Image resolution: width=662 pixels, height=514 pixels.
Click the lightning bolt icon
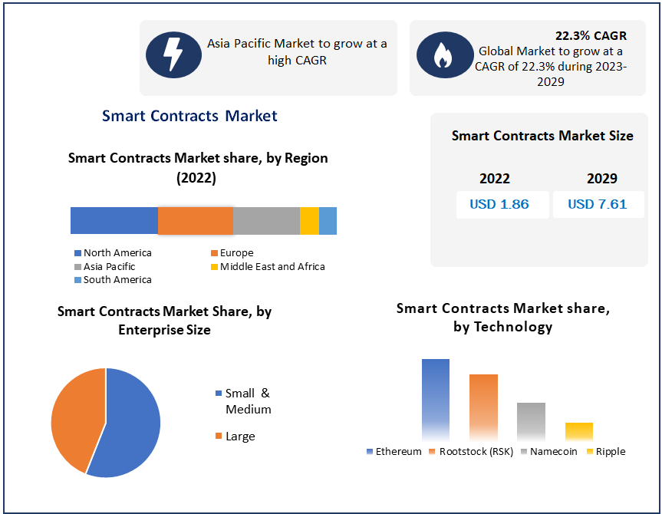tap(173, 54)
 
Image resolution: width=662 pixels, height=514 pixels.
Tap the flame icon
tap(443, 55)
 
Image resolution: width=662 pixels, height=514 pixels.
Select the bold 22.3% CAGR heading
tap(591, 35)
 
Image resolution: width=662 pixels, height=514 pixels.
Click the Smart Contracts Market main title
tap(189, 116)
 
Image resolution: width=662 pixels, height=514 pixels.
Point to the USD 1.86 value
tap(499, 204)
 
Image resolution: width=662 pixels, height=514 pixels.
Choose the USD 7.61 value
tap(598, 204)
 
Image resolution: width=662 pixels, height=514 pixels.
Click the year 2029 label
tap(602, 179)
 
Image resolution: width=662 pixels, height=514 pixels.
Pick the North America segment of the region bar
tap(114, 220)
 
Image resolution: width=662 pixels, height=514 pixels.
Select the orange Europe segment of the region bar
tap(195, 220)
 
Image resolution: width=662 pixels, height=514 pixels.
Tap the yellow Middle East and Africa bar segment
tap(309, 220)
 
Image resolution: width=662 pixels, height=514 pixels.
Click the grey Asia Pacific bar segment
tap(266, 220)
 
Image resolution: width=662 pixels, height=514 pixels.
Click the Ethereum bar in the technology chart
tap(436, 399)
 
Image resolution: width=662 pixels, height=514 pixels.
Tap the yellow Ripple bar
tap(579, 431)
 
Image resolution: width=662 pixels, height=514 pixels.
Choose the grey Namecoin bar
tap(531, 421)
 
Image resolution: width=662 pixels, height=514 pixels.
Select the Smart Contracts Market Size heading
tap(542, 136)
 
